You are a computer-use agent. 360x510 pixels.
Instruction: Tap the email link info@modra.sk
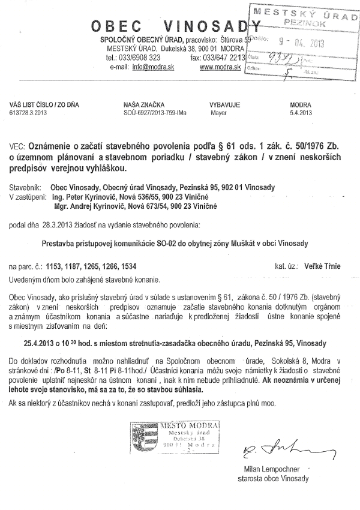click(148, 67)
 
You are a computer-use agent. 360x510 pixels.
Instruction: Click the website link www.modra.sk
click(220, 67)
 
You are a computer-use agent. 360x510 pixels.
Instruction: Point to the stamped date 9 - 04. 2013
click(292, 44)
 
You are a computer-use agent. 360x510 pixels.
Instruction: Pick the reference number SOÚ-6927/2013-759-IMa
click(154, 112)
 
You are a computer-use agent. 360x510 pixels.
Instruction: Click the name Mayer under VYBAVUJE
click(218, 112)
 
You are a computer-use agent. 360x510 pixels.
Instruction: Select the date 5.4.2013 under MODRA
click(301, 112)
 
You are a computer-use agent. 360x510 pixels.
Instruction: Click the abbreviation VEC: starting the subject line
click(17, 146)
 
